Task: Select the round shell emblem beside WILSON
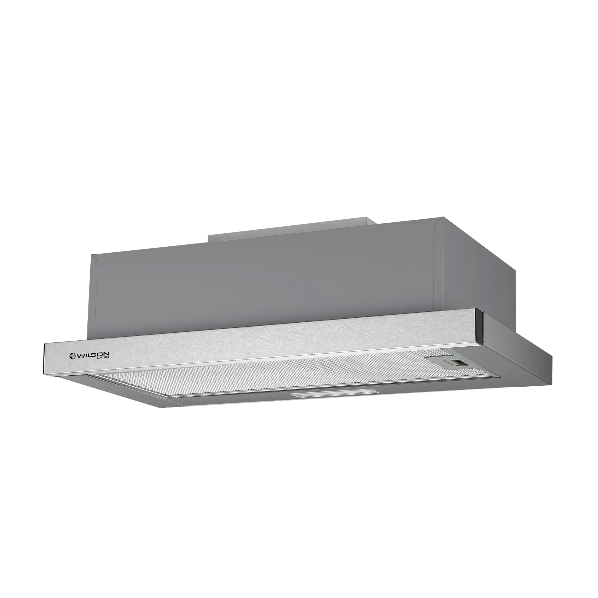72,356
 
